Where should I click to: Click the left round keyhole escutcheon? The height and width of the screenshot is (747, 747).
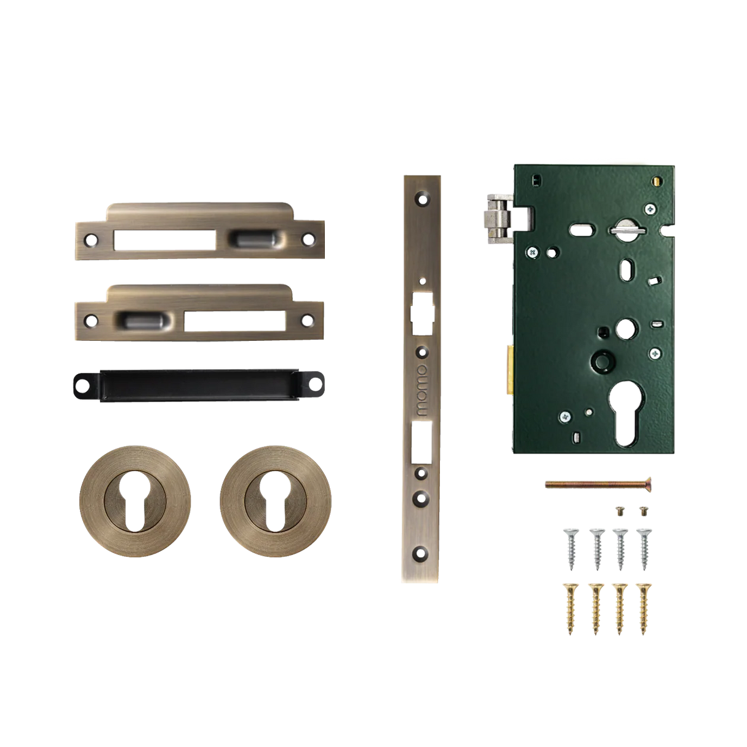click(x=135, y=492)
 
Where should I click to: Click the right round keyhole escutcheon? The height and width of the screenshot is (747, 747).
click(x=276, y=492)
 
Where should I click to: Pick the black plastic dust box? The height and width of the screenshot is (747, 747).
click(x=197, y=385)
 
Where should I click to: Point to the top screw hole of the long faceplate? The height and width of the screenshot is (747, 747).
click(x=421, y=198)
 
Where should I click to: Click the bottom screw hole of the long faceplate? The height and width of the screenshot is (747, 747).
click(x=421, y=552)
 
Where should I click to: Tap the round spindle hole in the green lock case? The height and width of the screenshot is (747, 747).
click(x=626, y=326)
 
